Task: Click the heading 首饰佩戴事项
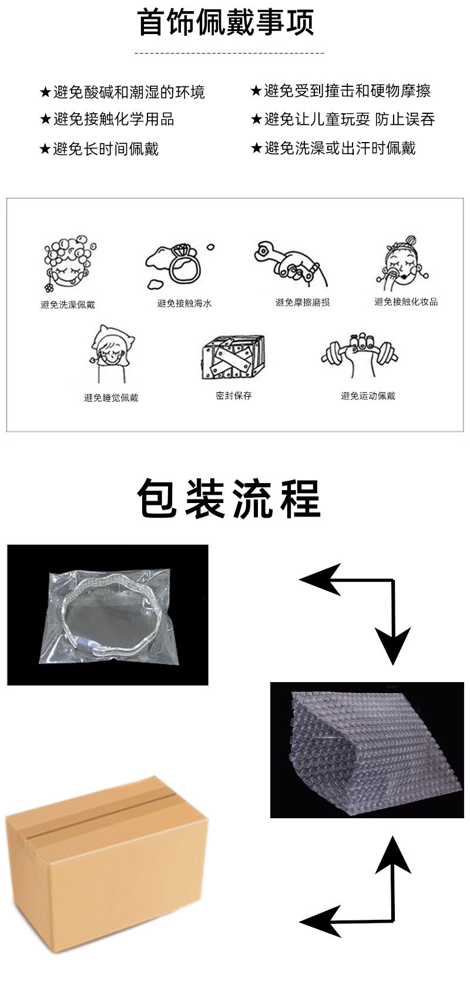pos(226,22)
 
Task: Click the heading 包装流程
pos(229,498)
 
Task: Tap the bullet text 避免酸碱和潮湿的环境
pos(129,92)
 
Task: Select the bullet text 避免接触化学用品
pos(113,119)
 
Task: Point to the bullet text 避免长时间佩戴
pos(106,149)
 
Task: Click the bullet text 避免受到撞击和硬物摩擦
pos(347,91)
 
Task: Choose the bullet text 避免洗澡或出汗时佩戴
pos(340,149)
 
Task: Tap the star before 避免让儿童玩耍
pos(256,119)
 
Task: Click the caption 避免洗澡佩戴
pos(68,305)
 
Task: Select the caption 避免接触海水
pos(184,303)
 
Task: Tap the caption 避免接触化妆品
pos(406,302)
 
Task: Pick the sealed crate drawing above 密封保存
pos(233,357)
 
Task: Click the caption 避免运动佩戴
pos(368,396)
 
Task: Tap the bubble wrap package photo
pos(367,750)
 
